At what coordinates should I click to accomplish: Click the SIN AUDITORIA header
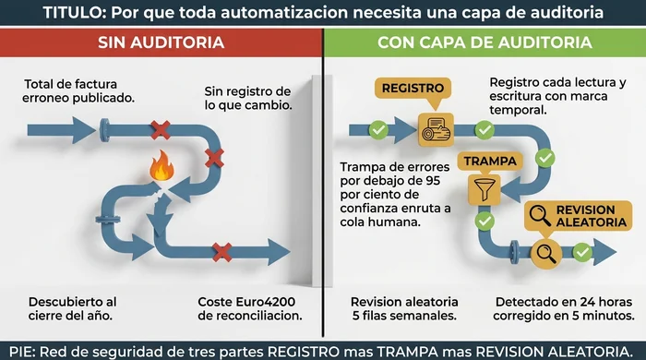[x=161, y=43]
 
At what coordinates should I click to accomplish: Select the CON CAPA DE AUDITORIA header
[x=484, y=43]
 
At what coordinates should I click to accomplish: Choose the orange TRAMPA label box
[x=484, y=160]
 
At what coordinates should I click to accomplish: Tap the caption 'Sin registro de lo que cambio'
[x=247, y=98]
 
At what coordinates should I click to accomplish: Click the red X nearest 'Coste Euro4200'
[x=221, y=249]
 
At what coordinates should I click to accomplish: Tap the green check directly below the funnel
[x=483, y=221]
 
